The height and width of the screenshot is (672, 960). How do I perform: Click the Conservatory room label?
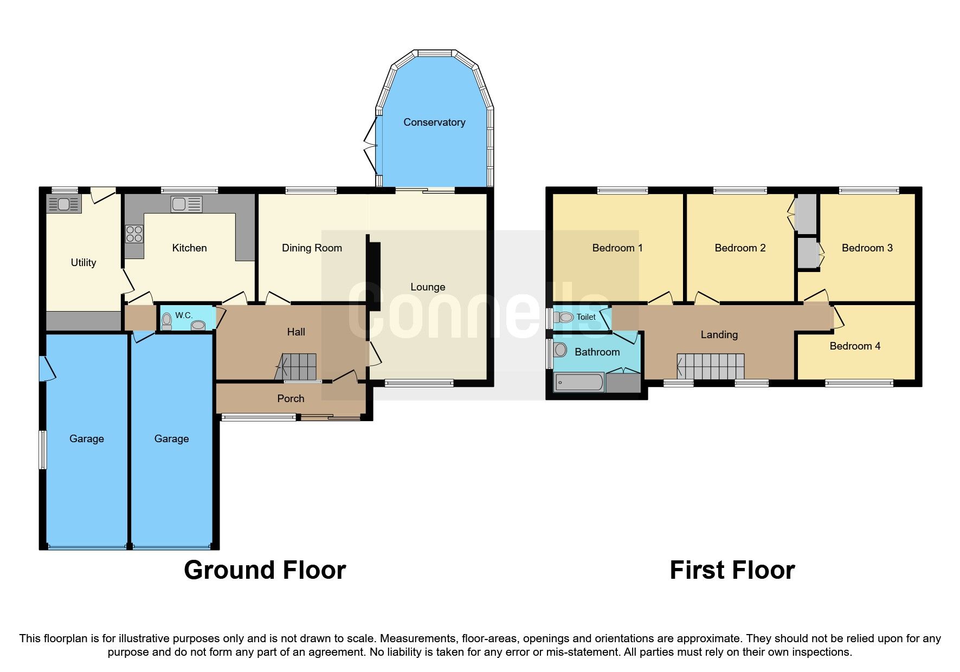tap(434, 122)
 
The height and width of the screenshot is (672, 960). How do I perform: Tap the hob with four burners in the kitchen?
tap(134, 234)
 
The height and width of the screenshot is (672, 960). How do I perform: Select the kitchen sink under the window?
tap(186, 204)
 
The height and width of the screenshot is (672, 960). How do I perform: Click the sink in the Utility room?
tap(64, 204)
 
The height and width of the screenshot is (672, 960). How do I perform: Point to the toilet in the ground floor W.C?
tap(166, 321)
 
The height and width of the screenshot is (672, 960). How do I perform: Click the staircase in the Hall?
tap(297, 367)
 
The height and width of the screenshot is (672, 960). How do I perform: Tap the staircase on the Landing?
tap(711, 367)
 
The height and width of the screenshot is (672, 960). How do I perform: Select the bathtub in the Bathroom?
tap(578, 383)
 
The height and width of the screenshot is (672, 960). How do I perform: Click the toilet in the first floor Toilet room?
tap(564, 317)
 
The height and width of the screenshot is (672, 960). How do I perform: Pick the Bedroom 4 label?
tap(855, 346)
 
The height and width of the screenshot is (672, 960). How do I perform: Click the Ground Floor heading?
tap(265, 570)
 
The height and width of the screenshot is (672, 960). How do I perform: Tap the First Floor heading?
tap(732, 570)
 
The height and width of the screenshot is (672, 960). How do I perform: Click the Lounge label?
tap(428, 287)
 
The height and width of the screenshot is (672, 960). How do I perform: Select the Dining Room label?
tap(312, 248)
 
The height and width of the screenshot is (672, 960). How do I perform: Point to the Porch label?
tap(291, 399)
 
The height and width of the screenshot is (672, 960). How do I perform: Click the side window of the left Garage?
tap(42, 449)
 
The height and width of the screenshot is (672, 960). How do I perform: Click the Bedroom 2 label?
tap(740, 248)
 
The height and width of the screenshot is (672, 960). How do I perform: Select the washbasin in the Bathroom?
tap(560, 350)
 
